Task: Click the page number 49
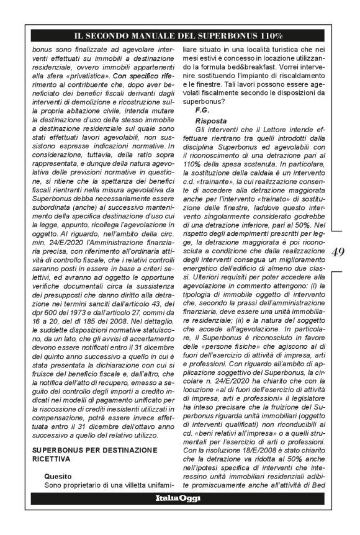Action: click(339, 253)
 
